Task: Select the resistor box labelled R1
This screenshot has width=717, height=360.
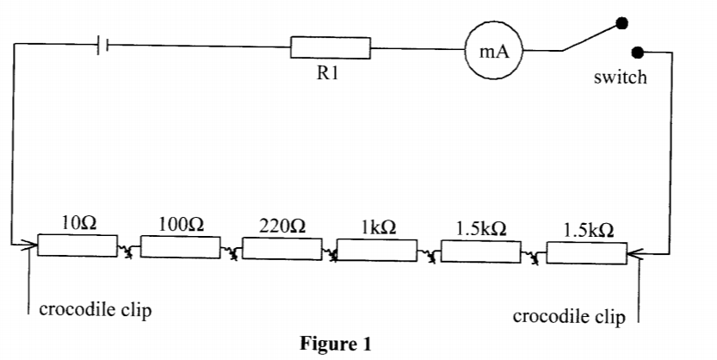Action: click(331, 48)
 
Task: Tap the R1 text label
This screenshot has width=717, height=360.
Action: click(328, 73)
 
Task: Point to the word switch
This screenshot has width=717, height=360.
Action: click(620, 78)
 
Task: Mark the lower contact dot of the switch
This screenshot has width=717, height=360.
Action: click(637, 53)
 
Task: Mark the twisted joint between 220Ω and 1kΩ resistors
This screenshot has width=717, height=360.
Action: click(329, 254)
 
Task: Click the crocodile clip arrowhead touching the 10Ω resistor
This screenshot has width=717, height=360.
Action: click(33, 246)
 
